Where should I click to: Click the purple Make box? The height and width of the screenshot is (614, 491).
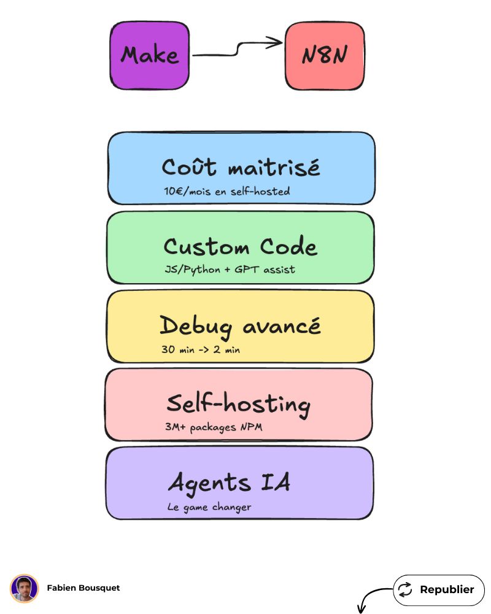[150, 55]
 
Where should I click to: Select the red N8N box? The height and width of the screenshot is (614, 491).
[325, 56]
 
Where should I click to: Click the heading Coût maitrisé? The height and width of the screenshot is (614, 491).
[241, 167]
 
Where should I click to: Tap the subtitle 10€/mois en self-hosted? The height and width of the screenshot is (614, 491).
[226, 192]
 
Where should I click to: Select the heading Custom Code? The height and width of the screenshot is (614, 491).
[240, 247]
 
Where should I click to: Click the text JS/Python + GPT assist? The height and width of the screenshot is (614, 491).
[230, 270]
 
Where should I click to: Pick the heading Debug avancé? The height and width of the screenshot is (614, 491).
[240, 326]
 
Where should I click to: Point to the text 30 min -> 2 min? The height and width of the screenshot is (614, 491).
[200, 349]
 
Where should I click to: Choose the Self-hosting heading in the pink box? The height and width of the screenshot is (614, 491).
[239, 404]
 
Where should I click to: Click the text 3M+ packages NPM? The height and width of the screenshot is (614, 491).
[214, 427]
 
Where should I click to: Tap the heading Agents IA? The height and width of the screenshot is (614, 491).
[229, 483]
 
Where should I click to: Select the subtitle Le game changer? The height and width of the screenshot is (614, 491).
[209, 507]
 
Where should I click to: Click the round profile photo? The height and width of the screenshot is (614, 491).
[25, 588]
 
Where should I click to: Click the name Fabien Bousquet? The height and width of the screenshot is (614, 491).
[83, 588]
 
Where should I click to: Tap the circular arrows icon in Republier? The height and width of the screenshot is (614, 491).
[405, 590]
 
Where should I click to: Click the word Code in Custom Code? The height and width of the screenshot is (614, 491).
[288, 247]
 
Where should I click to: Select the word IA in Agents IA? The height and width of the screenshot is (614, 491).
[275, 483]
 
